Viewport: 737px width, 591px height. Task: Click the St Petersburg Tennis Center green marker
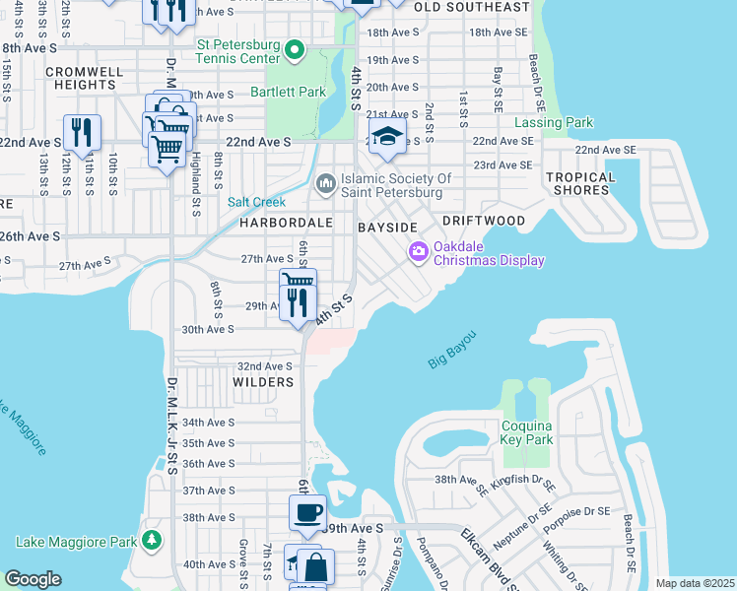tap(294, 48)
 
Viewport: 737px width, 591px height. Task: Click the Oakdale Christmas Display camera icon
tap(418, 253)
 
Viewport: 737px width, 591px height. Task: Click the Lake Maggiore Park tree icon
tap(151, 541)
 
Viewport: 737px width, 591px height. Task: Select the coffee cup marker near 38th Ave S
tap(306, 513)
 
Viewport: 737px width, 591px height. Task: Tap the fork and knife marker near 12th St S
tap(82, 132)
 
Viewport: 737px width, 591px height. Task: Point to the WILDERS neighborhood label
tap(263, 381)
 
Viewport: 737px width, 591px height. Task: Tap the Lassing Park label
tap(554, 123)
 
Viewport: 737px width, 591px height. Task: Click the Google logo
tap(33, 579)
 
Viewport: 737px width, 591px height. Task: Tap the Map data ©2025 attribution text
tap(694, 583)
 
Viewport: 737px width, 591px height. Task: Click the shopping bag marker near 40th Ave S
tap(318, 567)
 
